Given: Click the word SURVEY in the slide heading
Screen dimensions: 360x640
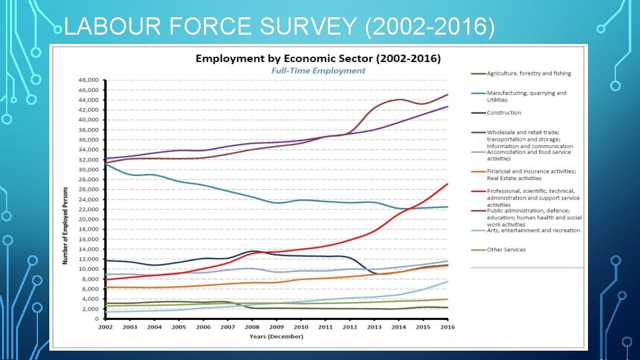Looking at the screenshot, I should coord(305,27).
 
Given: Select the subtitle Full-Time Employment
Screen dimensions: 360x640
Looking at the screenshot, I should coord(317,71).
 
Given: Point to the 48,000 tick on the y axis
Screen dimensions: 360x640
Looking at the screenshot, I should coord(89,80).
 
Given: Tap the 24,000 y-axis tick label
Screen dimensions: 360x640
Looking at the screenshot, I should coord(89,199).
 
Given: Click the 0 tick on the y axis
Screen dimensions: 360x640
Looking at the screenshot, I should coord(97,319).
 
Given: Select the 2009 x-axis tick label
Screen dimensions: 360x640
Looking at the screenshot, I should coord(276,327).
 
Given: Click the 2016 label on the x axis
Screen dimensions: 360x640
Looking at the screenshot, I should coord(447,327).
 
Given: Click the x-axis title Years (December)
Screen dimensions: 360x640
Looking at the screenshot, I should coord(276,336).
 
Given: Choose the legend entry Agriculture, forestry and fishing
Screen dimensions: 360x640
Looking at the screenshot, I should coord(529,73).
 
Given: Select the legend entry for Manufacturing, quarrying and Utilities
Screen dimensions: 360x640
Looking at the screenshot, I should coord(527,96).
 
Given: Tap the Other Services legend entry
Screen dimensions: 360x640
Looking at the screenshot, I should coord(506,250).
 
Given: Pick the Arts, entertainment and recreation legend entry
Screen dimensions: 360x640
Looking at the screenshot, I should coord(533,231).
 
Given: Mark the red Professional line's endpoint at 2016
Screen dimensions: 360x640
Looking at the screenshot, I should coord(447,184).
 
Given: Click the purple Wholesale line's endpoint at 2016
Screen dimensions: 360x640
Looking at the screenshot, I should coord(447,107).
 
